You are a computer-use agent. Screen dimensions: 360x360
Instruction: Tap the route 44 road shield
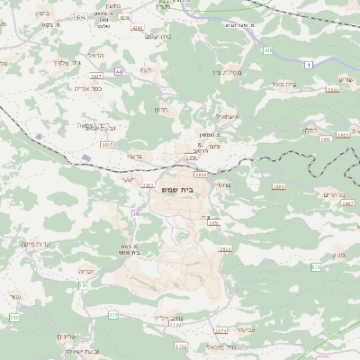point(118,71)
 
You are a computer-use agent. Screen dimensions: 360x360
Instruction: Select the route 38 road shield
point(136,213)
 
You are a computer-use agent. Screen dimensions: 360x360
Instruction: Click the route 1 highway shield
point(308,65)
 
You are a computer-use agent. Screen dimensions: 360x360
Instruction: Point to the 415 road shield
point(268,50)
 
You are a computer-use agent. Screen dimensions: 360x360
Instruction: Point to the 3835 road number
point(107,144)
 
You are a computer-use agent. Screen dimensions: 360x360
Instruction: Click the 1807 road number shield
point(96,76)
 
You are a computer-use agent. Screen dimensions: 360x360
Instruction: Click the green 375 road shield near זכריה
point(113,315)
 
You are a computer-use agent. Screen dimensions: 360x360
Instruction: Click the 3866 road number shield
point(347,204)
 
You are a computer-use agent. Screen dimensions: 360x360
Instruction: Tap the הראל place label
point(97,55)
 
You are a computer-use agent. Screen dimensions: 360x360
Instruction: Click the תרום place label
point(163,110)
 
